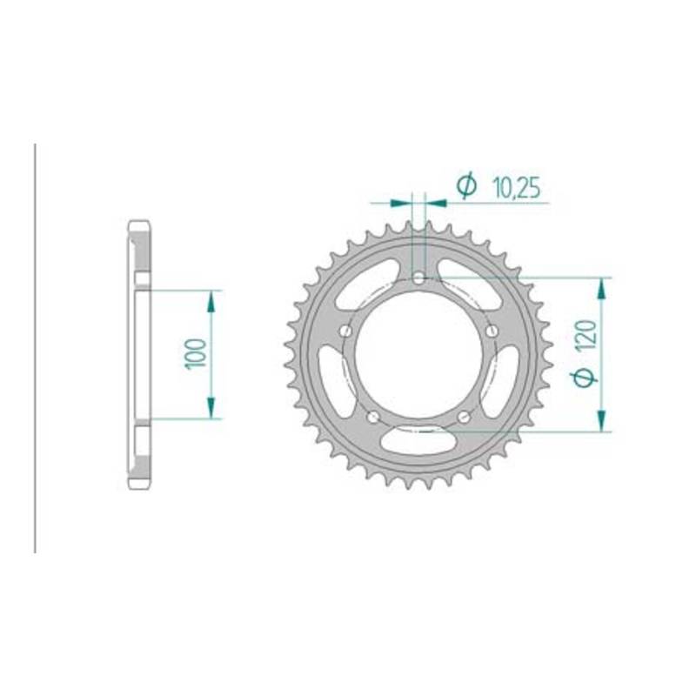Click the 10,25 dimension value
pos(517,188)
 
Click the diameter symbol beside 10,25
pos(467,186)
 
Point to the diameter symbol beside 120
pos(586,377)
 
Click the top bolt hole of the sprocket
pos(418,278)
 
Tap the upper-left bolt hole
pos(345,331)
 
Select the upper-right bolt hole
pos(492,331)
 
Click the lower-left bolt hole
pos(374,417)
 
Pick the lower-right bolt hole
pos(464,417)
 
